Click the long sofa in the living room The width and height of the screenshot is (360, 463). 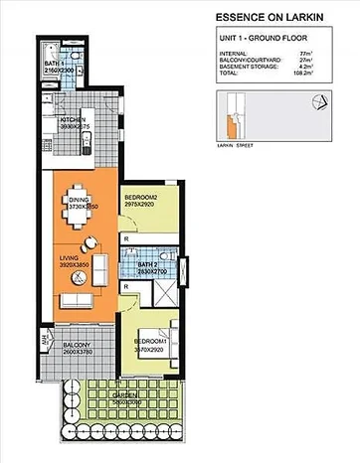point(74,303)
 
